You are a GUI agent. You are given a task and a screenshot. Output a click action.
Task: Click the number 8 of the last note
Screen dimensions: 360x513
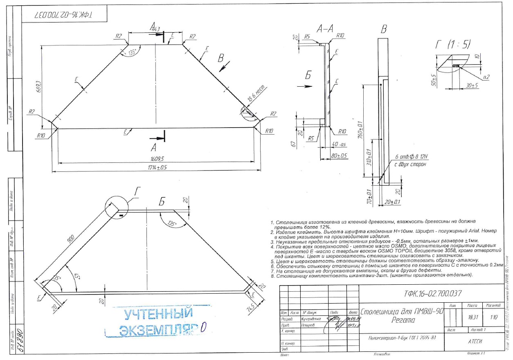pyautogui.click(x=272, y=275)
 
